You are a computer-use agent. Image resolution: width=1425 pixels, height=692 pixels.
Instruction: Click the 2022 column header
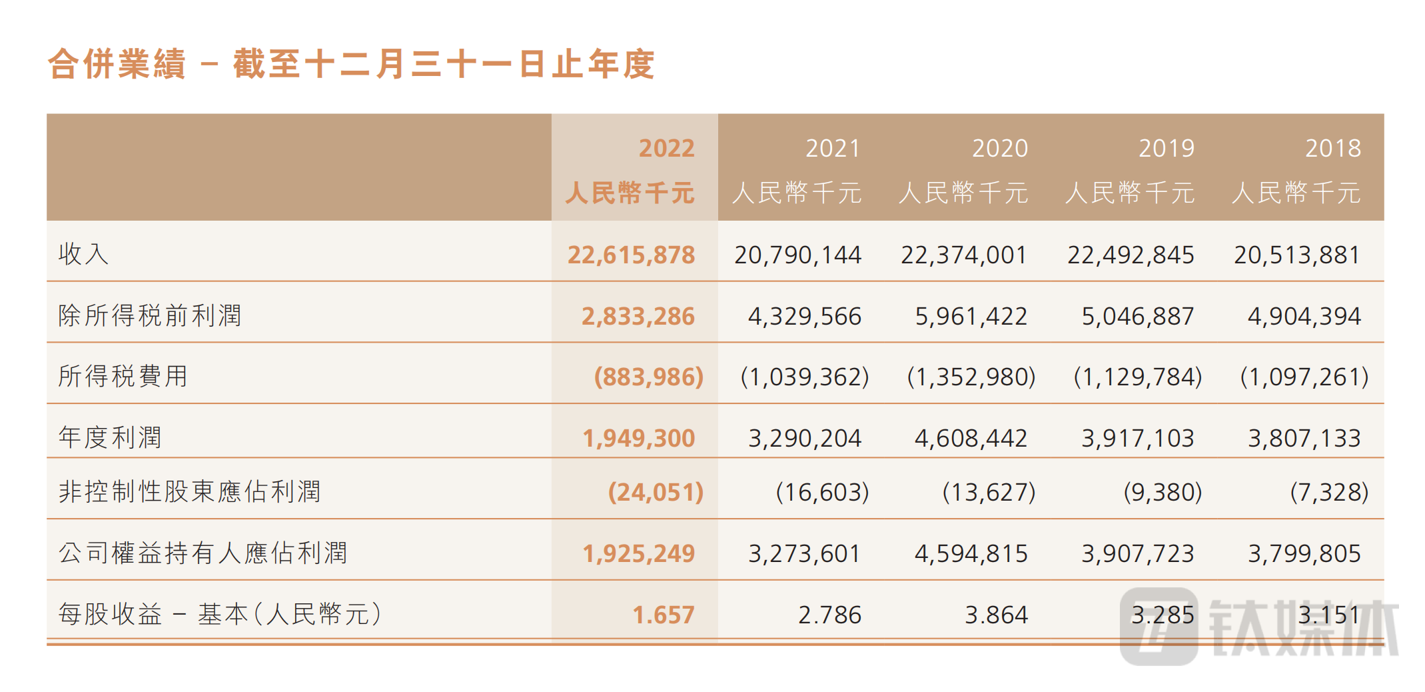[666, 148]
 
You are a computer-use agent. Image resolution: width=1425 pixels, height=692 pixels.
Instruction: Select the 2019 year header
[1166, 148]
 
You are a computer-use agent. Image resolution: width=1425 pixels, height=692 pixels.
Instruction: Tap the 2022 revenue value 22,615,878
[631, 255]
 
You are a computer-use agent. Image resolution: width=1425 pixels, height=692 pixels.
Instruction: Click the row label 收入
[83, 254]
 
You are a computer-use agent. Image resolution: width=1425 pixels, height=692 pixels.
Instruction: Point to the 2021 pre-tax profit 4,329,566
[804, 317]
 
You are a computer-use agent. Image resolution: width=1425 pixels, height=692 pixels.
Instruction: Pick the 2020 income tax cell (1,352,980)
[971, 377]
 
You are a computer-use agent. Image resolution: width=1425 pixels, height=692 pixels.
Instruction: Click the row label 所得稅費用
[123, 377]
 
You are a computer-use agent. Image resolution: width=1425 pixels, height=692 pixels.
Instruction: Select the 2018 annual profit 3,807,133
[1304, 439]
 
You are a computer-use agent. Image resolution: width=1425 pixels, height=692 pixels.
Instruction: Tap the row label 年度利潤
[110, 438]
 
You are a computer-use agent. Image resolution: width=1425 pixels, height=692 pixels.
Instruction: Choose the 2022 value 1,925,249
[638, 554]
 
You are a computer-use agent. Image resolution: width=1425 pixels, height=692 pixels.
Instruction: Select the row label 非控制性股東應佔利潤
[189, 492]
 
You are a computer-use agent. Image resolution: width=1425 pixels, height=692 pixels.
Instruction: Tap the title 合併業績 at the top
[117, 65]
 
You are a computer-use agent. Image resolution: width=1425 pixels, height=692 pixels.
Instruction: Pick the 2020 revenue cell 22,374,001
[963, 255]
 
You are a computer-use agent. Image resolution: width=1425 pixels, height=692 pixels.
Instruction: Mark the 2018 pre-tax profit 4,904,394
[1304, 317]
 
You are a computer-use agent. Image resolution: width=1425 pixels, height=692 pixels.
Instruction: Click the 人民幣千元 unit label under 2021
[797, 193]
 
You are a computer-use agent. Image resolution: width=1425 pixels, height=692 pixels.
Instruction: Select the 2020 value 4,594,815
[971, 554]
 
